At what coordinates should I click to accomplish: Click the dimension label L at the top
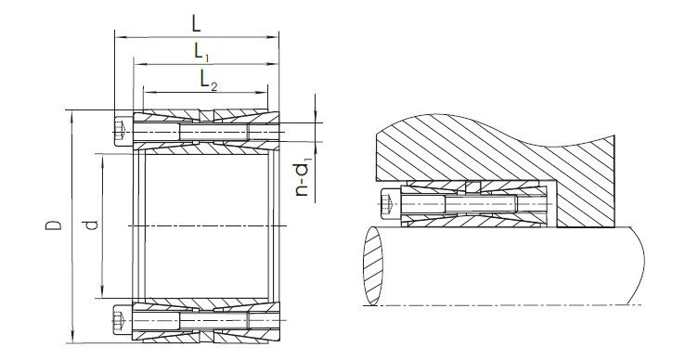[196, 23]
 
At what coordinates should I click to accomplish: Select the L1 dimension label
[201, 53]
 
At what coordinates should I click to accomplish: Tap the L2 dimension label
[209, 81]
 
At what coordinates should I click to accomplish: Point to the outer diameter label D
[54, 225]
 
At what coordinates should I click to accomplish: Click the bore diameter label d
[91, 225]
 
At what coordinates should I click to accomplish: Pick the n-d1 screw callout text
[303, 178]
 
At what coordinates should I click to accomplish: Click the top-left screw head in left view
[123, 131]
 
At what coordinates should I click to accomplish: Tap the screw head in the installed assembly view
[391, 204]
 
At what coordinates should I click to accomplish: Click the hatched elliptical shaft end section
[373, 265]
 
